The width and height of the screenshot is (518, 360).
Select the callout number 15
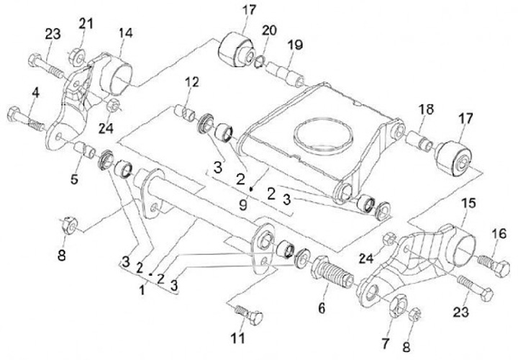pos(468,206)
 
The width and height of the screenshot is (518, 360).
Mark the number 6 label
pos(322,308)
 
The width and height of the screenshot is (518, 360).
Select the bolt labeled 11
pos(248,315)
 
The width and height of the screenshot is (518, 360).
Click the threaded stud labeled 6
pos(332,276)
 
